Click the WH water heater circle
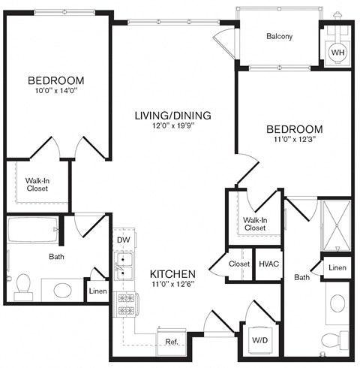click(x=337, y=53)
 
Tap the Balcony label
click(x=279, y=36)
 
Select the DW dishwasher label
click(x=123, y=240)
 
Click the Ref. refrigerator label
click(x=172, y=342)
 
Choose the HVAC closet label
click(x=268, y=264)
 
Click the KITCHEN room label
click(x=172, y=273)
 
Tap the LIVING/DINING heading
click(x=172, y=116)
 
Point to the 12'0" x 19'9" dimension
click(x=172, y=127)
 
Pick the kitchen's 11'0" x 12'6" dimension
click(x=172, y=285)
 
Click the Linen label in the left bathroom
click(x=97, y=291)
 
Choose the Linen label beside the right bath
click(x=337, y=268)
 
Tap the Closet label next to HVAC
click(x=239, y=264)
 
